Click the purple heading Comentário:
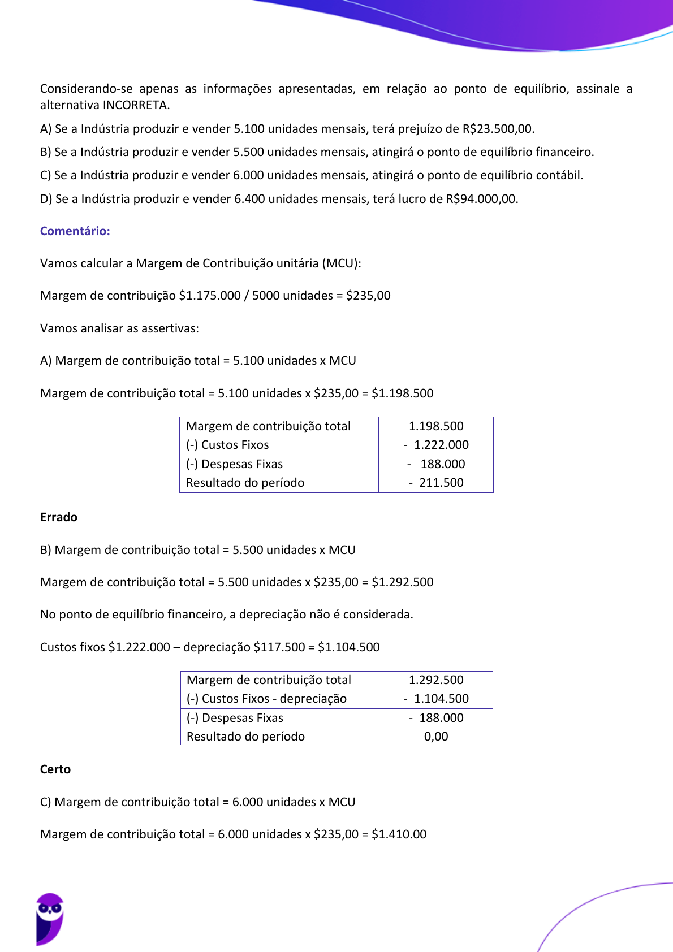75,231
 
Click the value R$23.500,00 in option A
498,129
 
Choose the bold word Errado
59,517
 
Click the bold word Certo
55,769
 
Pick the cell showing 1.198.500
436,426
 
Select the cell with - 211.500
436,483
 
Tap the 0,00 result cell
436,737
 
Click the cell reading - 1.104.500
436,699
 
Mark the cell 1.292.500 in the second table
436,680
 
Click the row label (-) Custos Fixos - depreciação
266,699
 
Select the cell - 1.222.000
436,445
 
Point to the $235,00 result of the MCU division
368,296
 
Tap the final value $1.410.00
399,834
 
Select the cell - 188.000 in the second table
436,718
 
